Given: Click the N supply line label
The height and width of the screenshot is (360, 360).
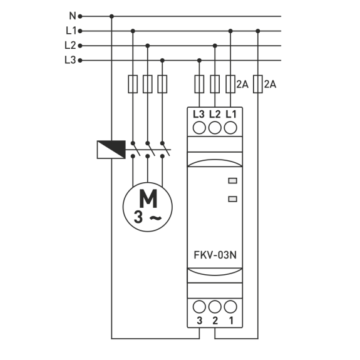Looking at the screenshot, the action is (x=73, y=16).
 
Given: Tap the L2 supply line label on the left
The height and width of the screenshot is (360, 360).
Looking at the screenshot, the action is (x=70, y=46).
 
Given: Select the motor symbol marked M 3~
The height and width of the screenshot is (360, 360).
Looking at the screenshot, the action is (x=148, y=207).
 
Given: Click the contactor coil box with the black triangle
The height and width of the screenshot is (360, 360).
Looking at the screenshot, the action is (x=111, y=150).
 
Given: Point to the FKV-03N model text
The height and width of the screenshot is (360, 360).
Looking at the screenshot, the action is (x=215, y=255).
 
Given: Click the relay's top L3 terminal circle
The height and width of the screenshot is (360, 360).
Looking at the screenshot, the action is (x=199, y=128).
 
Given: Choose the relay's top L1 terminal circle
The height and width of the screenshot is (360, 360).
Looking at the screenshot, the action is (x=230, y=128).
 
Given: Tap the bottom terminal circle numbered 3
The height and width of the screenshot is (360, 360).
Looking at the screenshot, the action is (x=199, y=307).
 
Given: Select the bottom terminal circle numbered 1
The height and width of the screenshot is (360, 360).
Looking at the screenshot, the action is (x=230, y=307).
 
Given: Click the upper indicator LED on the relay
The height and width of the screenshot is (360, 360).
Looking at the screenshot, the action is (x=232, y=181).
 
